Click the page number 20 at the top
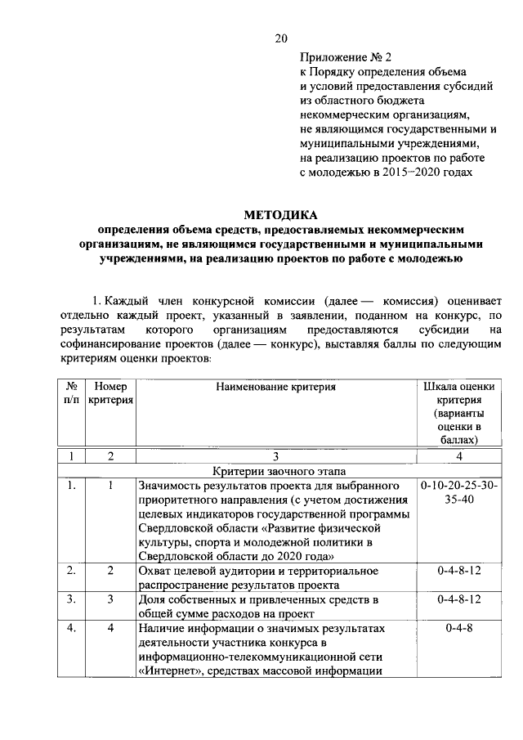coord(281,38)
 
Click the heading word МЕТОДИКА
coord(280,215)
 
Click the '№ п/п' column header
coord(71,392)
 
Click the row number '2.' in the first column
coord(71,570)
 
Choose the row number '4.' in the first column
coord(71,629)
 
